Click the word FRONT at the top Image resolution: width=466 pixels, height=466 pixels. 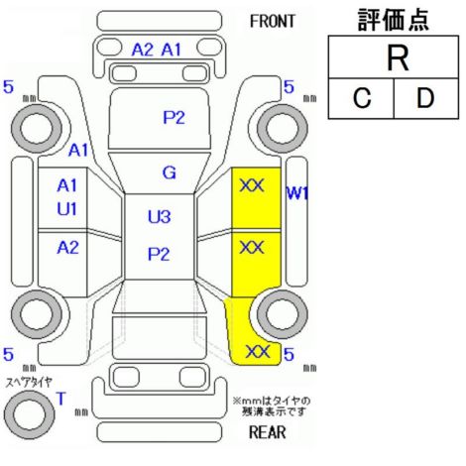(x=272, y=22)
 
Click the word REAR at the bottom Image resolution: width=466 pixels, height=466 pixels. (x=267, y=432)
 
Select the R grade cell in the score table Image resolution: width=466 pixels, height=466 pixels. (x=394, y=58)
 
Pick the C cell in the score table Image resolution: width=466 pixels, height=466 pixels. (x=361, y=98)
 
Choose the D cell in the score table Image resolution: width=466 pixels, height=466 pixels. (x=426, y=98)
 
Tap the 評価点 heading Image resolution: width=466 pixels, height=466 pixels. (x=394, y=20)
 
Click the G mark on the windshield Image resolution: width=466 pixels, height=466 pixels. (x=170, y=173)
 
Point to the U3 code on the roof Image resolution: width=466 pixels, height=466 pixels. (x=159, y=217)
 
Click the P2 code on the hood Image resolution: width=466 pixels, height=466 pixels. (x=174, y=117)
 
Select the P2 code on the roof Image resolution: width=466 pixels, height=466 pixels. (x=159, y=254)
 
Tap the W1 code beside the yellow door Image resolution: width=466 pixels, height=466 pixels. (x=297, y=193)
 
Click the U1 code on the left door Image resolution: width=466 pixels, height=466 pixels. (x=67, y=209)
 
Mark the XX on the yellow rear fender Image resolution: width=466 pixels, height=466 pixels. (x=258, y=352)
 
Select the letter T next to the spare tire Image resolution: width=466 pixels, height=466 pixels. (x=61, y=399)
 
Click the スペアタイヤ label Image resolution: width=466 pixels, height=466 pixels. (x=29, y=383)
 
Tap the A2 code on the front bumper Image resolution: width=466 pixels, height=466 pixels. (x=143, y=50)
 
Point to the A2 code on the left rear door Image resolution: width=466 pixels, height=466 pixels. (x=67, y=247)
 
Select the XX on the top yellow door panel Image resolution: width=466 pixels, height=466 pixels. (x=252, y=185)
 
